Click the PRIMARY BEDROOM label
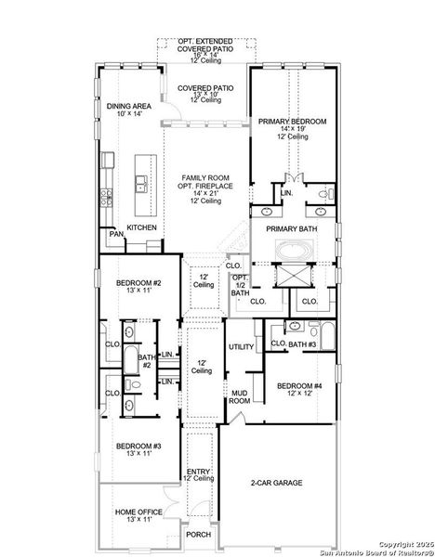pos(293,122)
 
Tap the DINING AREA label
pos(128,107)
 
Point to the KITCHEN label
pos(141,227)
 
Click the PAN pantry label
pos(115,235)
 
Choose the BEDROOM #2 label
pos(138,282)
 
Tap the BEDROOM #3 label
pos(138,447)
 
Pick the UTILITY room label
pos(242,346)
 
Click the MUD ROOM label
pos(239,396)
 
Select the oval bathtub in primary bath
pos(296,251)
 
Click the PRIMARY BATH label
pos(292,228)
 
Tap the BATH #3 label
pos(303,345)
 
